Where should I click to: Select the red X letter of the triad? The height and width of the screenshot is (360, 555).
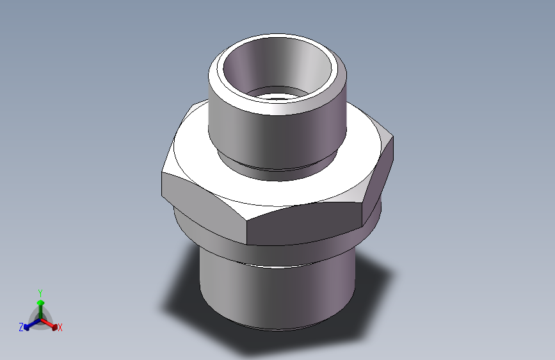60,328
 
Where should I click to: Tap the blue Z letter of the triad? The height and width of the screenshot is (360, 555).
21,327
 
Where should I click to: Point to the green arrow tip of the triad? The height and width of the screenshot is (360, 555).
40,302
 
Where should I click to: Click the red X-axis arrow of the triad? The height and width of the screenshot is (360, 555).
52,324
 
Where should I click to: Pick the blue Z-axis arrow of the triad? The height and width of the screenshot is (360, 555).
29,325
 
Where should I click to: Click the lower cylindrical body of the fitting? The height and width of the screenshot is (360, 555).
275,295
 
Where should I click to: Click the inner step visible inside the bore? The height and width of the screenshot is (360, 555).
275,95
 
